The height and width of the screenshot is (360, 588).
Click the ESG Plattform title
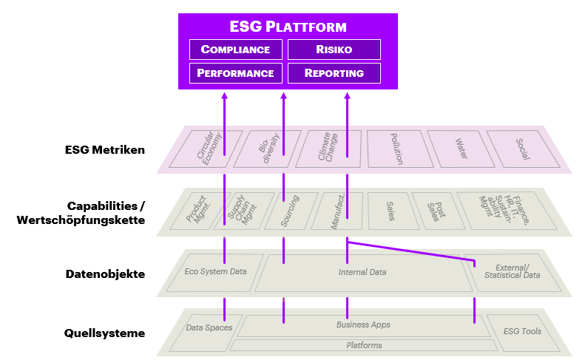pyautogui.click(x=288, y=27)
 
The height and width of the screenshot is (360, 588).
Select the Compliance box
pyautogui.click(x=235, y=50)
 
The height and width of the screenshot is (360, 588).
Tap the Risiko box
pyautogui.click(x=334, y=50)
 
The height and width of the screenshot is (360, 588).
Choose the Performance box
pyautogui.click(x=235, y=73)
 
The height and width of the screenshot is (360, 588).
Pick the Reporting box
pyautogui.click(x=334, y=73)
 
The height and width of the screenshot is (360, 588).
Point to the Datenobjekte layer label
pyautogui.click(x=104, y=274)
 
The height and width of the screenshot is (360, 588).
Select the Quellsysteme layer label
pyautogui.click(x=104, y=333)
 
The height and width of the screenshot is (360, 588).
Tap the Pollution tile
pyautogui.click(x=396, y=149)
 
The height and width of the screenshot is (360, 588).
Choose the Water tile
pyautogui.click(x=461, y=149)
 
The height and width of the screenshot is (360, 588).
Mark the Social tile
pyautogui.click(x=521, y=149)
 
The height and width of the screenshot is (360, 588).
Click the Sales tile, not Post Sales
pyautogui.click(x=389, y=211)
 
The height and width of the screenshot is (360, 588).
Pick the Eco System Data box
pyautogui.click(x=216, y=271)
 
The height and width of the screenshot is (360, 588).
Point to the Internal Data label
pyautogui.click(x=362, y=272)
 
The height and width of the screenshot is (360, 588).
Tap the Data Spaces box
pyautogui.click(x=208, y=327)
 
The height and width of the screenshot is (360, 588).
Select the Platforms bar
pyautogui.click(x=364, y=345)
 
